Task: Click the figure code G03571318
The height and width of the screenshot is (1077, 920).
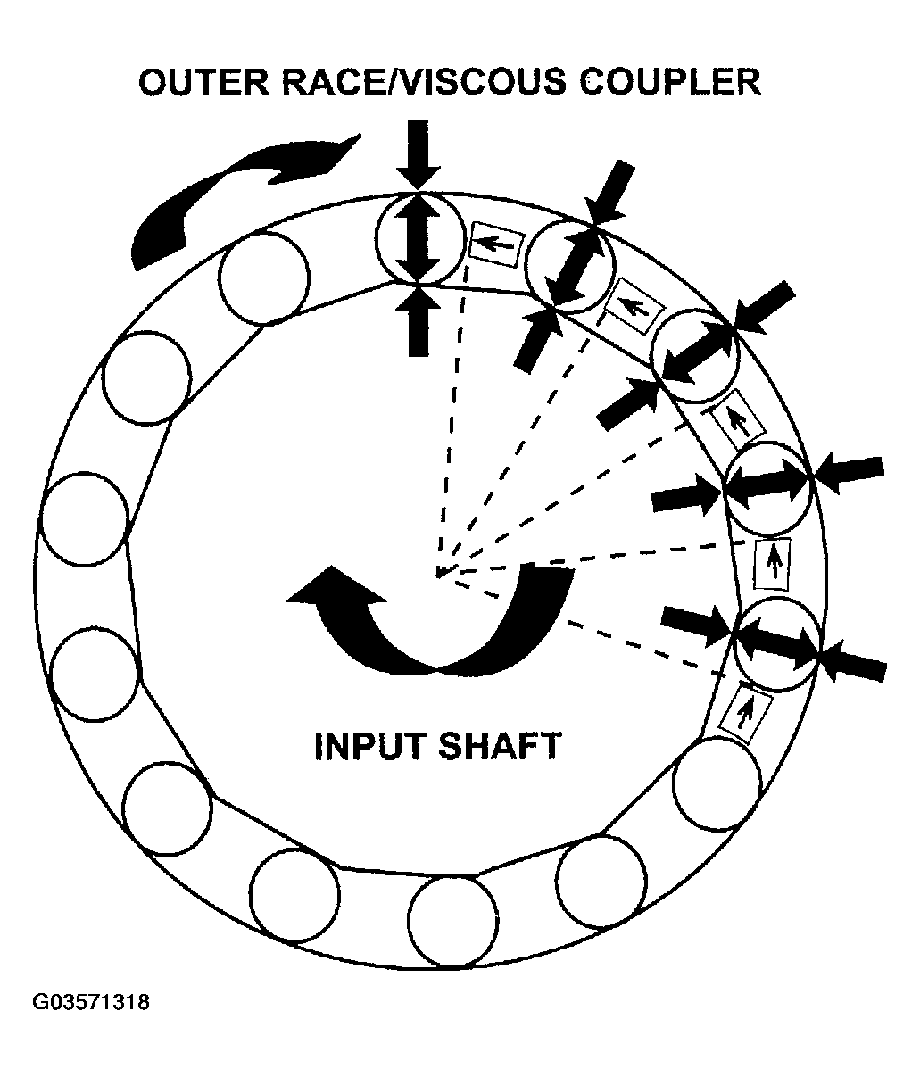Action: tap(91, 1002)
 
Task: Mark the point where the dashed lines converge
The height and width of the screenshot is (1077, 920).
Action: tap(438, 574)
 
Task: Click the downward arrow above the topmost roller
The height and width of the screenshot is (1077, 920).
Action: tap(418, 153)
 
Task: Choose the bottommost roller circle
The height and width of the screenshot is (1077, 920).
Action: tap(452, 920)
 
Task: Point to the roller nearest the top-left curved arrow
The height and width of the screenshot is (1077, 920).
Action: tap(264, 273)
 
